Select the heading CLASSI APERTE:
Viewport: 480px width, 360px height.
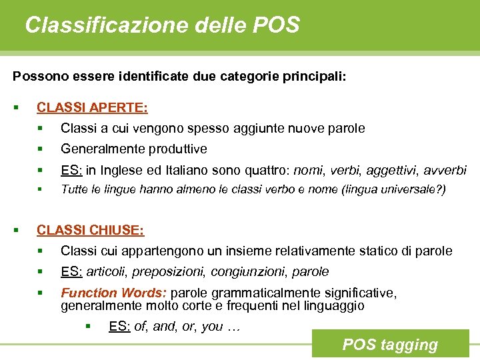click(92, 107)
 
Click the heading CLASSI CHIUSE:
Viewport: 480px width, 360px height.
click(90, 230)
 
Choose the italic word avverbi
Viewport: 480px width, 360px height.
click(443, 170)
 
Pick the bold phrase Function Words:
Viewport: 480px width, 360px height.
click(115, 293)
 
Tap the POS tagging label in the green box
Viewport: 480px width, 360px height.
click(390, 345)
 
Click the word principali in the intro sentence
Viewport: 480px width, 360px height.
click(315, 77)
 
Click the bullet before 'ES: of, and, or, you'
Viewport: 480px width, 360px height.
click(87, 326)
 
